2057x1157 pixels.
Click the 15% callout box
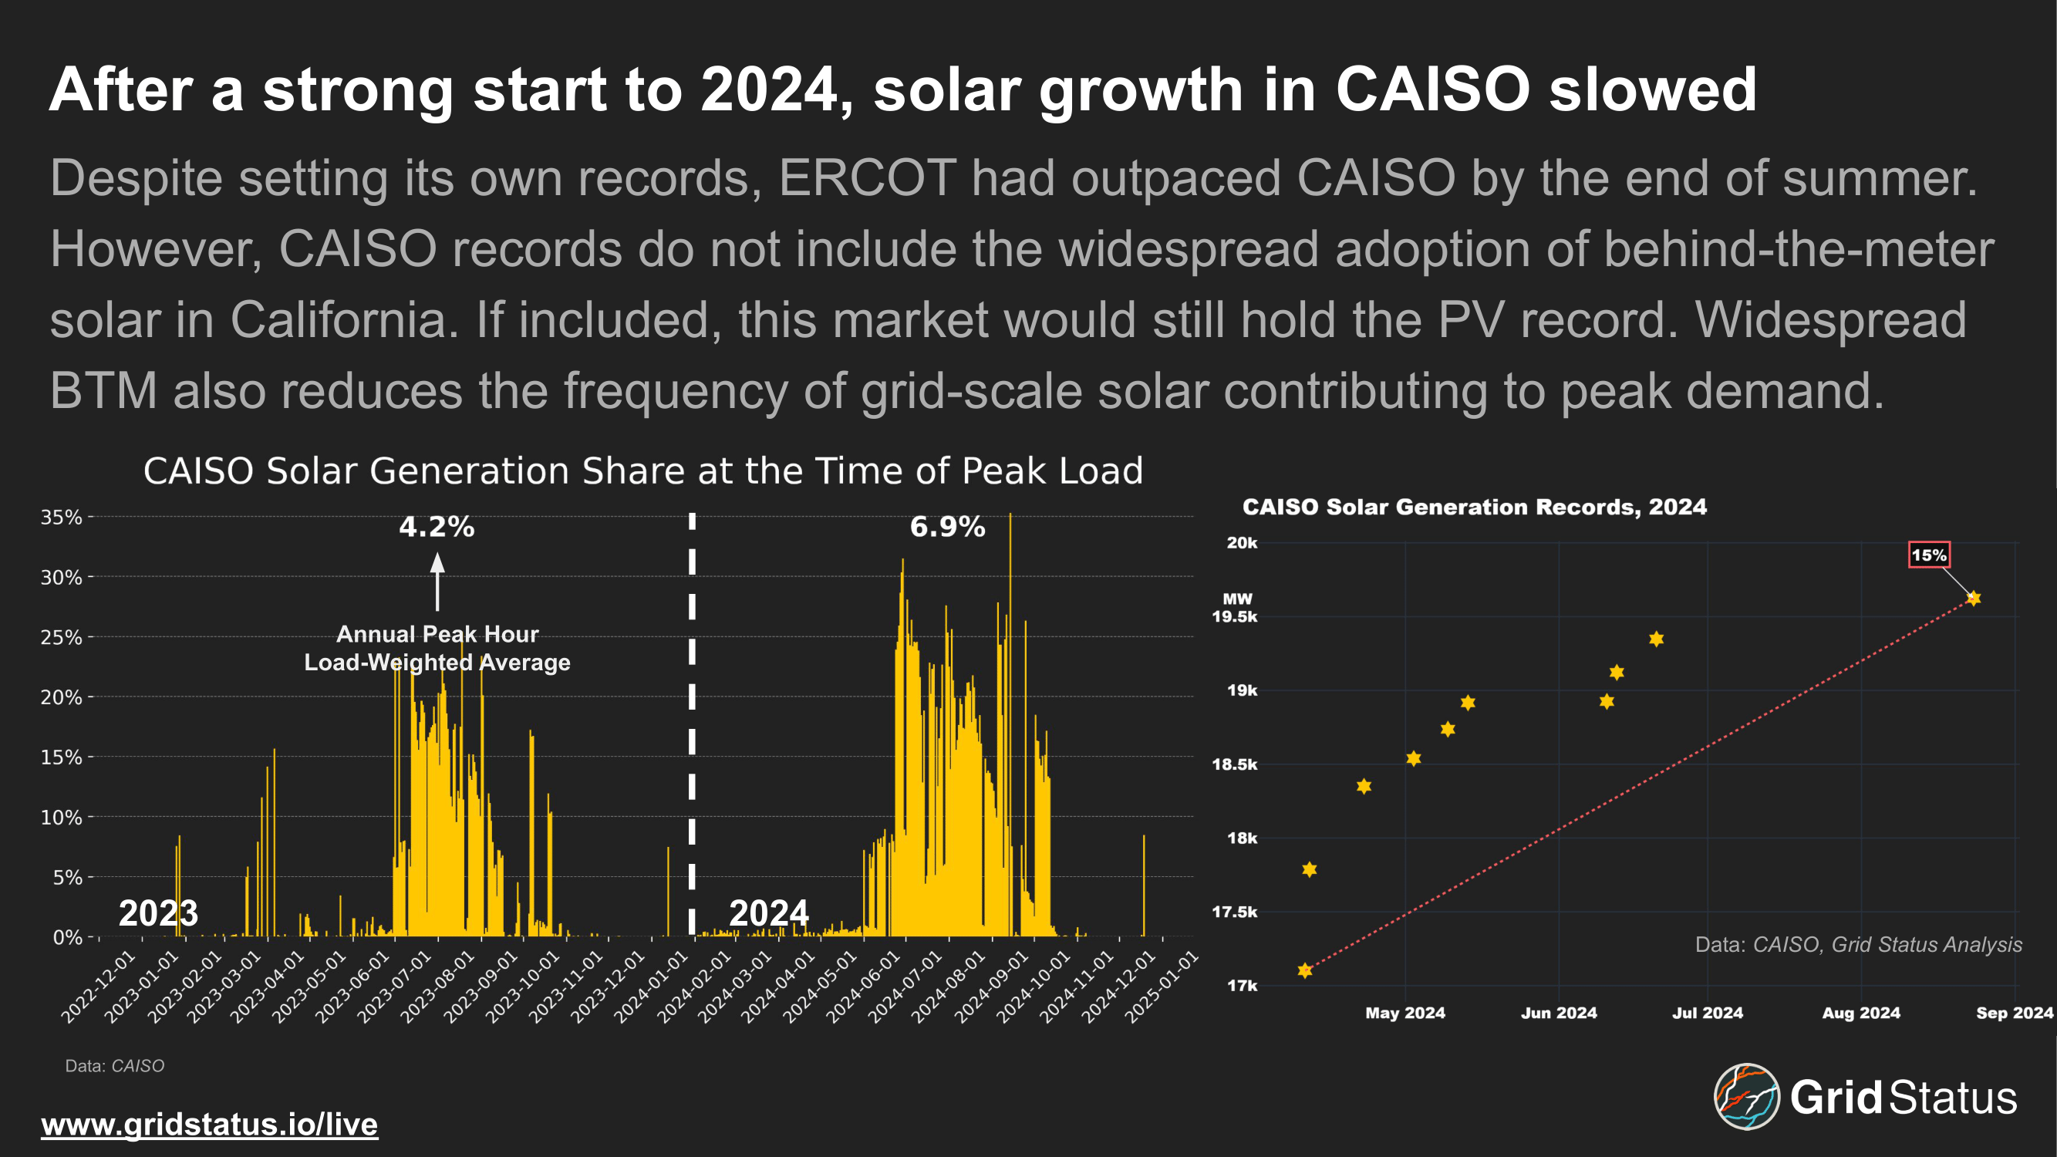(x=1928, y=555)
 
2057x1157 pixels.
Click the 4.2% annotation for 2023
(x=437, y=527)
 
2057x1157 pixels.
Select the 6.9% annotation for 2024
(x=947, y=527)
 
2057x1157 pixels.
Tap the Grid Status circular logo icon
(x=1746, y=1096)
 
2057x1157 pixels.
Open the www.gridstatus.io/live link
(x=209, y=1125)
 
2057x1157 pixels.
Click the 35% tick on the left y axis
(x=62, y=518)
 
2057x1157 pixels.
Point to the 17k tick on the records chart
(x=1242, y=986)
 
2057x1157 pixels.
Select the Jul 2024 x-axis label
(x=1708, y=1014)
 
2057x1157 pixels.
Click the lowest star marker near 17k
(x=1305, y=971)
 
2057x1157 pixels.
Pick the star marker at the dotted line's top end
(x=1973, y=598)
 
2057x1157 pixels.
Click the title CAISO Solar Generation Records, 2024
(x=1474, y=507)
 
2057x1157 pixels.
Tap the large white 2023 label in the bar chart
(x=158, y=912)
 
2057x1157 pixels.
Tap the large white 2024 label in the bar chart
(x=768, y=912)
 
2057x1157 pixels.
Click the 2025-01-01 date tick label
(x=1162, y=988)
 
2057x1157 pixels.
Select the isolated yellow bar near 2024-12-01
(x=1144, y=886)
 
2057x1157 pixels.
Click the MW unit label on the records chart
(x=1237, y=599)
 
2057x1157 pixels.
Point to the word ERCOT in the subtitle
(x=866, y=177)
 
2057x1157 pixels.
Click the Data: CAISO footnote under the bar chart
(x=114, y=1066)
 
